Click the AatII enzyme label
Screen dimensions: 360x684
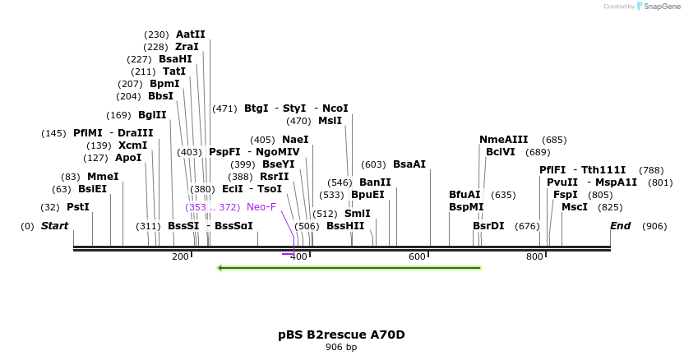click(191, 35)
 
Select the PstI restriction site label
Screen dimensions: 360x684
click(78, 207)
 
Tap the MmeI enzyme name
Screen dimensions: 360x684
click(103, 177)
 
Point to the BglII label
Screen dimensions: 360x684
click(152, 115)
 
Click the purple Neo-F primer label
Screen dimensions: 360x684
click(261, 207)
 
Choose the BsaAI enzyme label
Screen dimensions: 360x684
click(409, 164)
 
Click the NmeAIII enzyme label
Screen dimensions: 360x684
click(504, 140)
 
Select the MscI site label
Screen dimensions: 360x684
click(575, 207)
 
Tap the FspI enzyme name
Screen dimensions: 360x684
click(566, 195)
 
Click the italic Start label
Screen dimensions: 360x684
click(55, 226)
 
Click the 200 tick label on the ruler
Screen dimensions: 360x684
click(180, 257)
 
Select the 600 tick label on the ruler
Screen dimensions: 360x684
click(417, 257)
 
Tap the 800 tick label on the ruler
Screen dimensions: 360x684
click(535, 257)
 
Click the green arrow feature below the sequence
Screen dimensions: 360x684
click(349, 267)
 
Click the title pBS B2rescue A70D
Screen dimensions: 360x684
click(341, 335)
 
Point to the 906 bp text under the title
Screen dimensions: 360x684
click(341, 348)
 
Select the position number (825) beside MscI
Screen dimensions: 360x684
click(611, 207)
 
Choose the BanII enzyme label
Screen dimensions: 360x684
click(375, 182)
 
